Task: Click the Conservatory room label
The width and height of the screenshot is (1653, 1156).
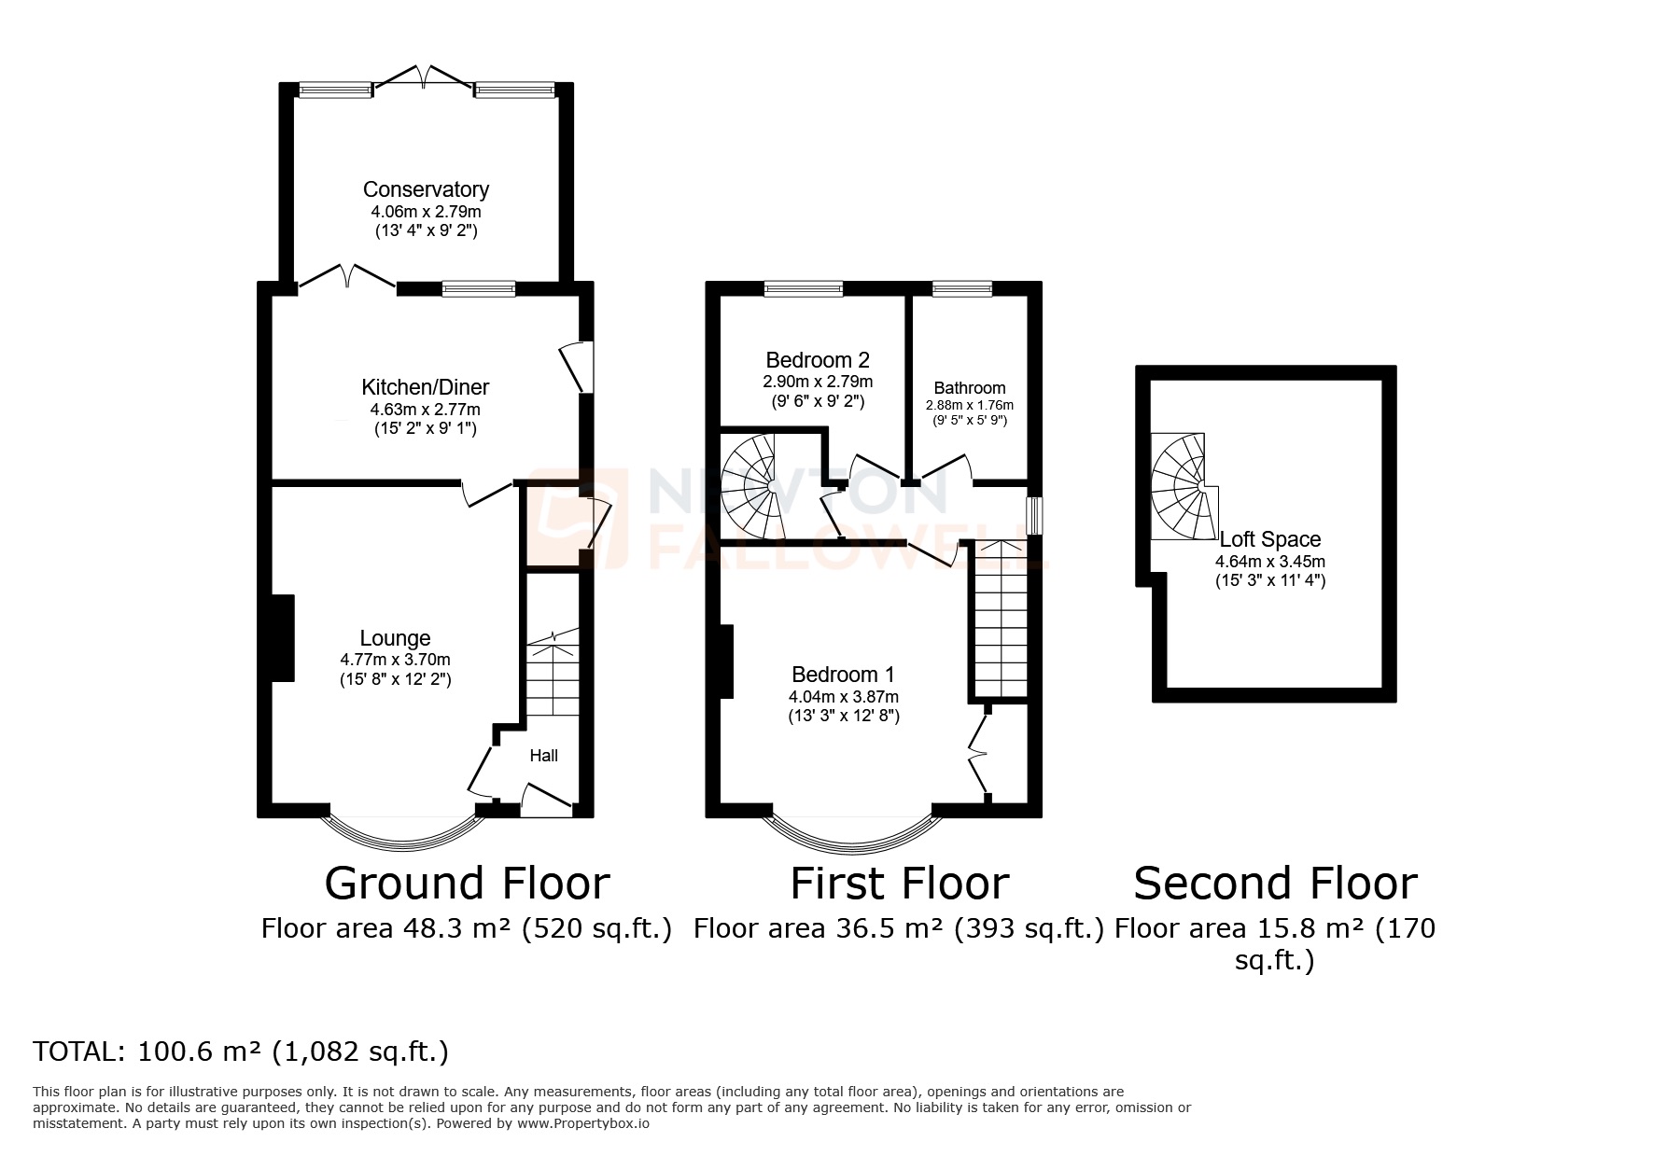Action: point(426,189)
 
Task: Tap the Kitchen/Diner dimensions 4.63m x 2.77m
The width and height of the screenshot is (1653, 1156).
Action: point(426,409)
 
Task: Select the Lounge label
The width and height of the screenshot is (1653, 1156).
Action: point(395,638)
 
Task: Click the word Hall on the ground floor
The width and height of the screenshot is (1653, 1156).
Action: point(543,755)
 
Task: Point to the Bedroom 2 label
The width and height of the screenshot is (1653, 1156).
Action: point(818,360)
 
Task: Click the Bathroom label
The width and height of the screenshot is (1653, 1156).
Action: point(970,388)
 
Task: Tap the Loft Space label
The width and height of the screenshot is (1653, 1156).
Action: point(1270,539)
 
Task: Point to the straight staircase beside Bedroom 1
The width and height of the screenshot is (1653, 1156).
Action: point(1002,620)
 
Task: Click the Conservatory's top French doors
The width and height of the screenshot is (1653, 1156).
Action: point(424,77)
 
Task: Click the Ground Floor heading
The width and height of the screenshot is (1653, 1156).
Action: point(467,883)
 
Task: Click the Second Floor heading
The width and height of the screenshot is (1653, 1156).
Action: point(1275,883)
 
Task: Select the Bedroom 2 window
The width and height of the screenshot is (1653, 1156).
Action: point(803,289)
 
